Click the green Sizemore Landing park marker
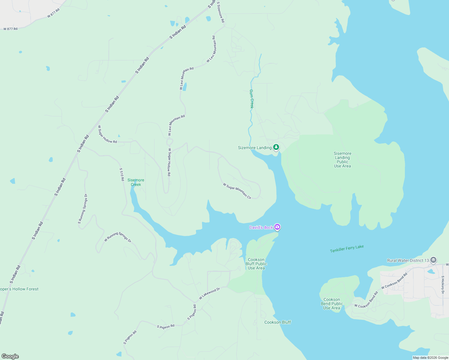[276, 147]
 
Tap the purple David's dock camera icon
[277, 227]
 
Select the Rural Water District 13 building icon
[433, 260]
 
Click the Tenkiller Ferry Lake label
[347, 249]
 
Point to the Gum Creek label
[252, 99]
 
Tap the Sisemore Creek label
[136, 182]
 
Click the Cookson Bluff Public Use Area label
[256, 264]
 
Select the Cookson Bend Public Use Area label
[332, 304]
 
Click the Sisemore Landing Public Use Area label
[342, 160]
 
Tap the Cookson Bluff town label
[278, 322]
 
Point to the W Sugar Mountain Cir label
[237, 191]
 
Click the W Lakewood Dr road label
[209, 294]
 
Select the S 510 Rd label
[122, 174]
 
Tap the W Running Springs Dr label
[118, 237]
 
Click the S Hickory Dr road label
[443, 287]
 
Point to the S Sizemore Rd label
[221, 12]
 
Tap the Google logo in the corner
[10, 356]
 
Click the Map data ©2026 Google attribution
[430, 358]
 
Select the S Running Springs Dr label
[83, 209]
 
